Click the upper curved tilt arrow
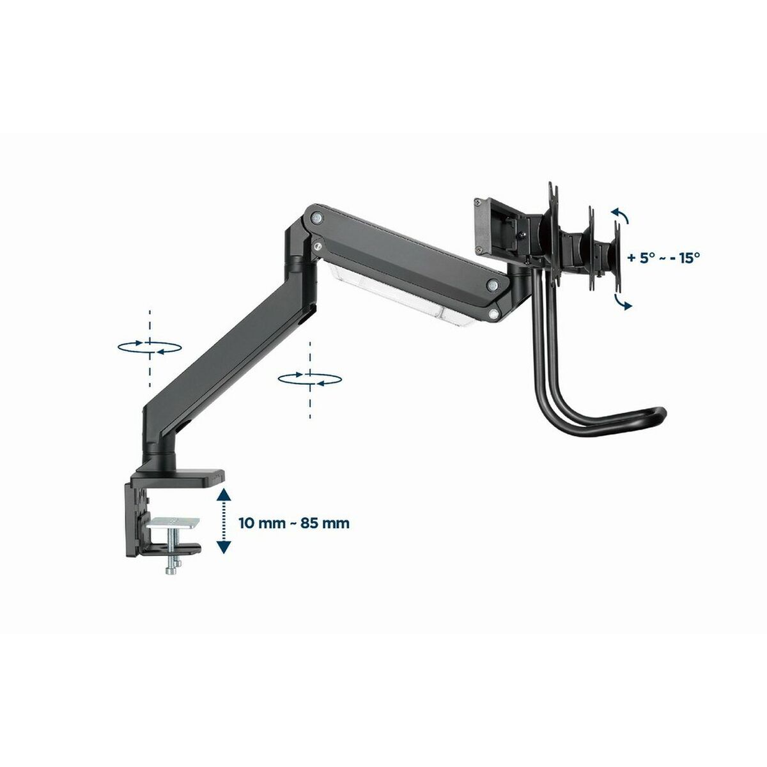coord(621,216)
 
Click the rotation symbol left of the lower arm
coord(150,346)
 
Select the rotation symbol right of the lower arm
coord(310,378)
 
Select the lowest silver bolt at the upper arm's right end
coord(494,313)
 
